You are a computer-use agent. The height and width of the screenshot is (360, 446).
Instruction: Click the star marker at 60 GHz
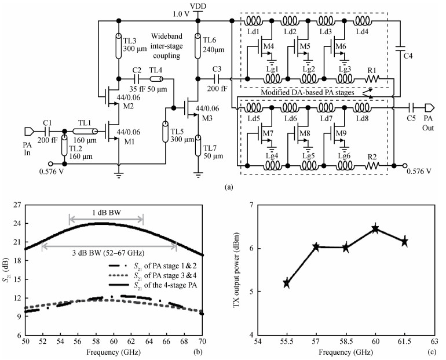(x=375, y=228)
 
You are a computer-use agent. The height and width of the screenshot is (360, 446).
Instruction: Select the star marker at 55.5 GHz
(x=287, y=283)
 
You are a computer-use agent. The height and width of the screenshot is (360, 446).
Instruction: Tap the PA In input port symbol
(x=30, y=131)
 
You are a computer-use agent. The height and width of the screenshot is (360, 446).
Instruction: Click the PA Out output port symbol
(x=430, y=108)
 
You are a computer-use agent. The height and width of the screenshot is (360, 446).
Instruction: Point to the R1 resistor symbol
(x=372, y=78)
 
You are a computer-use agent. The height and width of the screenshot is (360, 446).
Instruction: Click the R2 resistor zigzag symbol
(x=372, y=165)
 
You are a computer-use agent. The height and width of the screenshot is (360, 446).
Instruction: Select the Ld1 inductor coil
(x=254, y=20)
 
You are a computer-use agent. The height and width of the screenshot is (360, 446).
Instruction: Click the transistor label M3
(x=207, y=118)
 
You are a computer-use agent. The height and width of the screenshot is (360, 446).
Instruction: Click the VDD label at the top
(x=198, y=6)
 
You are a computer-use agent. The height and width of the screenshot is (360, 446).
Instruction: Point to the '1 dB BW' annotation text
(x=106, y=213)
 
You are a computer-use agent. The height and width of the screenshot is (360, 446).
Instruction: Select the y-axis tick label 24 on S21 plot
(x=17, y=223)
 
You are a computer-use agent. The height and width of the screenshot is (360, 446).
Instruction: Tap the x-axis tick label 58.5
(x=346, y=341)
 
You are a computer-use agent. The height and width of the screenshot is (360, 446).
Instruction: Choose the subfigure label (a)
(x=228, y=187)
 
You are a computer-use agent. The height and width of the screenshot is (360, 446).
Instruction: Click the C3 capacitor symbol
(x=217, y=78)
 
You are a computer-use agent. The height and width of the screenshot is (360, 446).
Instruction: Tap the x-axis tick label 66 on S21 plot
(x=167, y=341)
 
